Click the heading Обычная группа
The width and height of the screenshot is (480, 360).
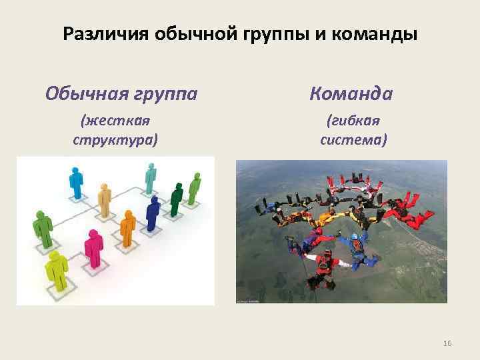121,93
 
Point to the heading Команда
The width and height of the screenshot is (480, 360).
351,93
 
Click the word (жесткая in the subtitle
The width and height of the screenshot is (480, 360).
115,121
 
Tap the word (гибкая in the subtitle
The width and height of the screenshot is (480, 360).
353,121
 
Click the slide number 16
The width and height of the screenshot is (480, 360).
447,343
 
